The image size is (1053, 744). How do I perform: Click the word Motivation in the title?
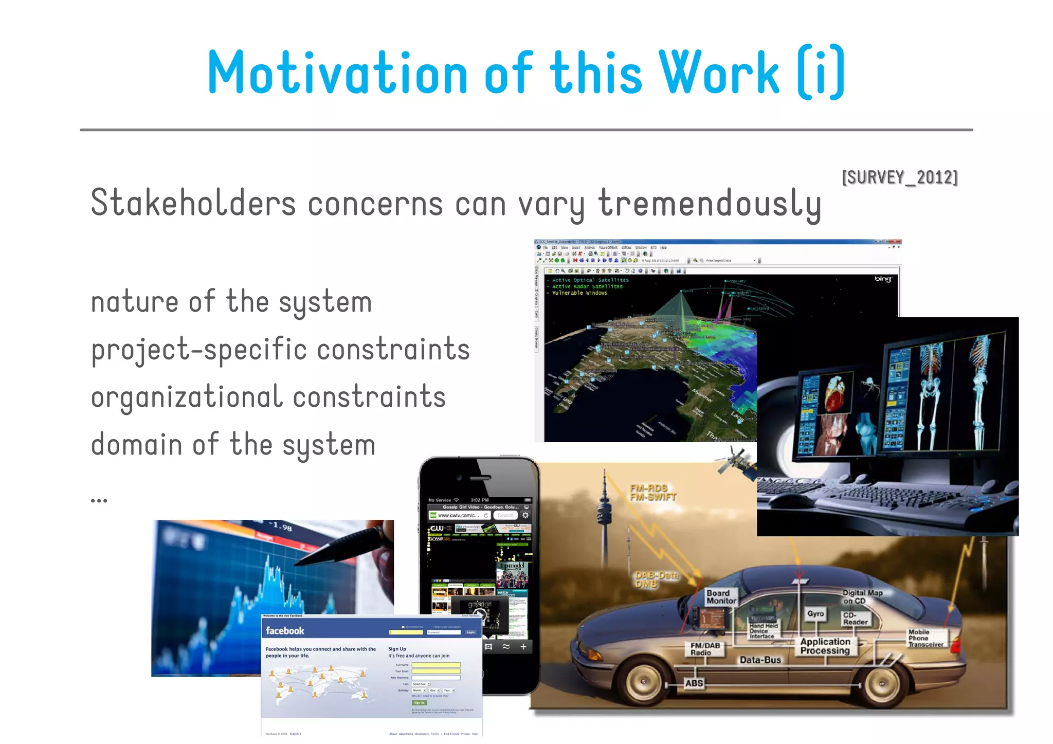pos(337,72)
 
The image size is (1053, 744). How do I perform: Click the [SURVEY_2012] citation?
pos(899,177)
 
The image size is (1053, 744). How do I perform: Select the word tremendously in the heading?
pos(710,204)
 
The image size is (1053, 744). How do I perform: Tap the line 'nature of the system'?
pos(231,302)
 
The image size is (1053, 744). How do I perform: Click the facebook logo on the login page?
pos(285,631)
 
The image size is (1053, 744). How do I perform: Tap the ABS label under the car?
pos(694,683)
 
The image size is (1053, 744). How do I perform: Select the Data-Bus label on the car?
pos(760,660)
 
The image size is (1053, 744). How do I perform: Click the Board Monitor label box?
pos(721,597)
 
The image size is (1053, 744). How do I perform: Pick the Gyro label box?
pos(815,614)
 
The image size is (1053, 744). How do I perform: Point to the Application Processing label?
pos(825,646)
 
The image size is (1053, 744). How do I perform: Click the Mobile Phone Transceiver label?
pos(925,638)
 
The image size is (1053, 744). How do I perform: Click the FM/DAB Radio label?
pos(705,649)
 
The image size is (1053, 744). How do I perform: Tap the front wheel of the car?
pos(643,682)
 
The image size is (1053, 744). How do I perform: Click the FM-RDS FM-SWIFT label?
pos(652,493)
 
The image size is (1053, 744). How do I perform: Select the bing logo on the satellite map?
pos(883,279)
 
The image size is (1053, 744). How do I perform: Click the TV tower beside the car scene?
pos(605,509)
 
